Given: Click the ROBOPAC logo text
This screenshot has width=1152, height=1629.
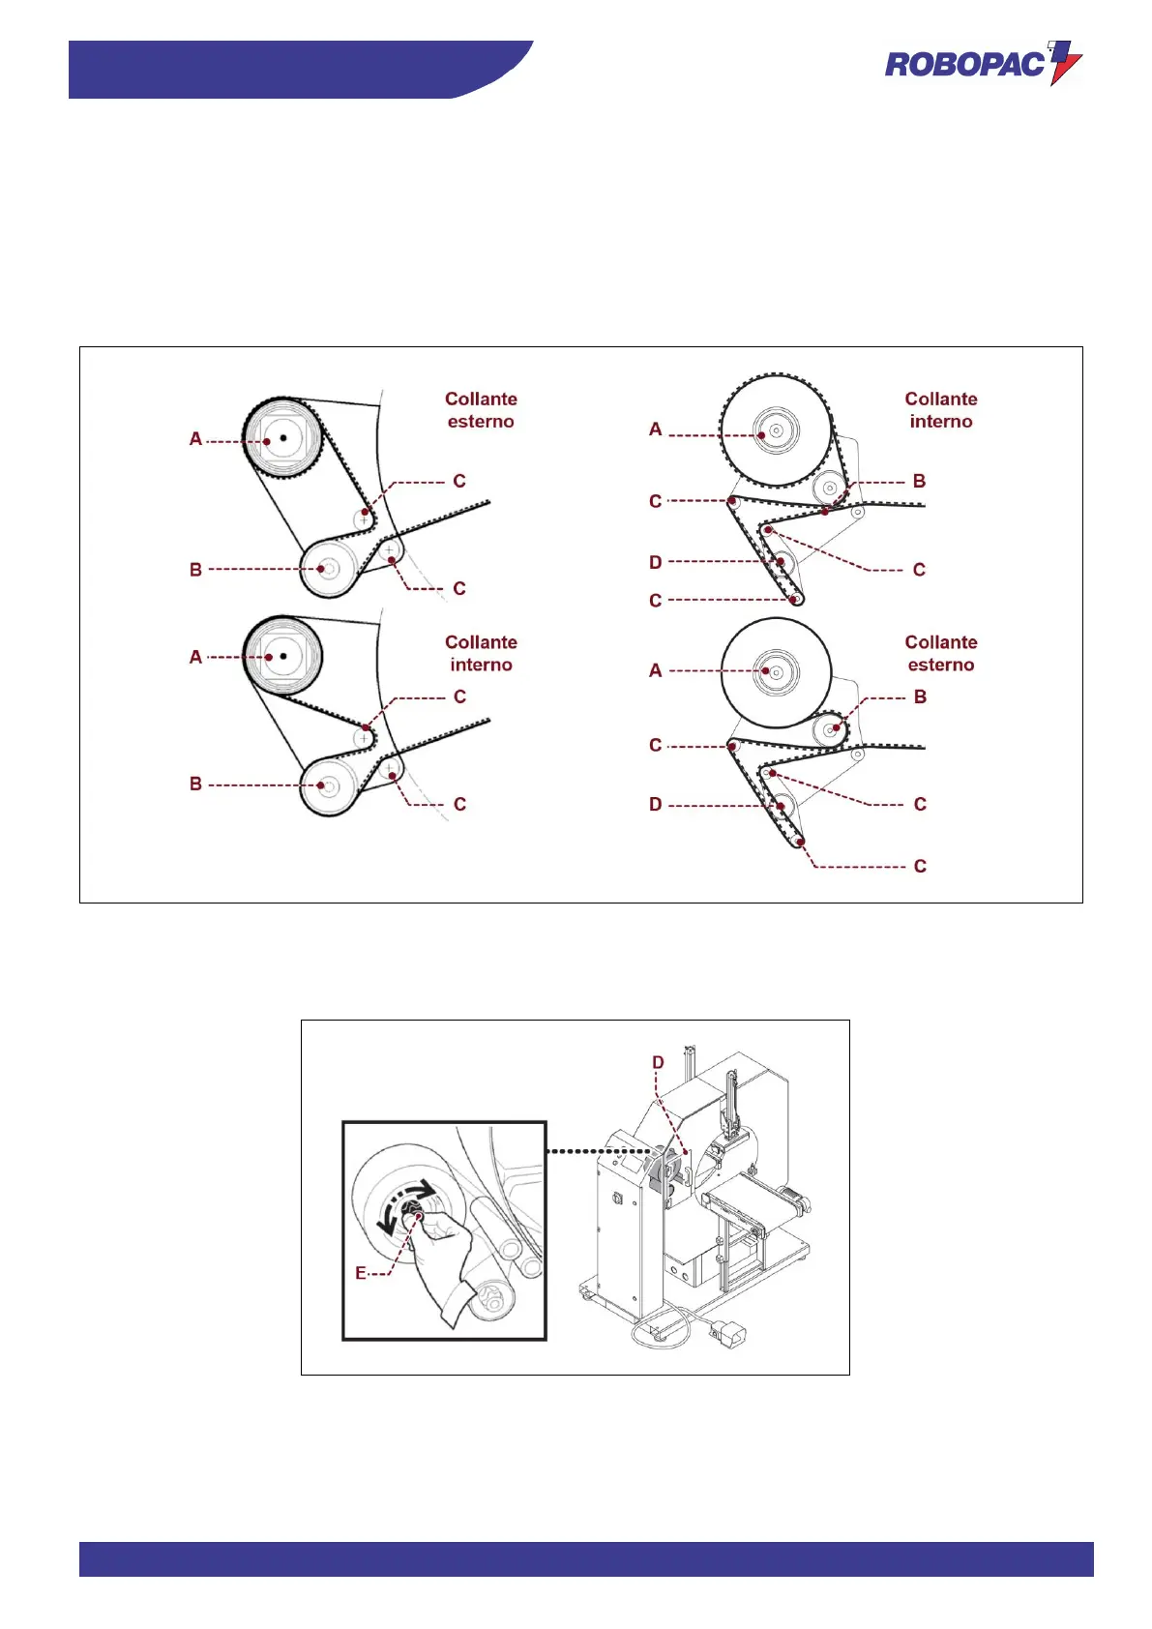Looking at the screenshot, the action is [964, 65].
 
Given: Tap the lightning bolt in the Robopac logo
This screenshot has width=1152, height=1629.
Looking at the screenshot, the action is [1065, 62].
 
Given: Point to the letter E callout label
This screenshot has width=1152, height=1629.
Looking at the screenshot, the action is [361, 1273].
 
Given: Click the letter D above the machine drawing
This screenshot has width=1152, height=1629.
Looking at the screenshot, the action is [658, 1062].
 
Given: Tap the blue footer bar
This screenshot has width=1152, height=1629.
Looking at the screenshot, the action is [586, 1558].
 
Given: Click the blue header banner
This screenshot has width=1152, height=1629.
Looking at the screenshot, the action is [290, 69].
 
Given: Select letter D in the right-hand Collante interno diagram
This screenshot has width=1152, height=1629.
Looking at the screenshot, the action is [656, 562].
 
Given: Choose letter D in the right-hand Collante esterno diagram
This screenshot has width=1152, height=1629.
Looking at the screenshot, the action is [656, 805].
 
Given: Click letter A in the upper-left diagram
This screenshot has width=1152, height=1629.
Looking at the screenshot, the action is [195, 439].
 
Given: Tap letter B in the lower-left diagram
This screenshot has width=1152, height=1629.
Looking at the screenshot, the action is [195, 784].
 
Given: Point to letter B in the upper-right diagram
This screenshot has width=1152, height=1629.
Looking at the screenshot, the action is [919, 481].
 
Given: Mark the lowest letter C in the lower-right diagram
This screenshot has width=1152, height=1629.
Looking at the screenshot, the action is [920, 867].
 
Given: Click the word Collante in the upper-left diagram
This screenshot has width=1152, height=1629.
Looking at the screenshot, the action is [481, 399].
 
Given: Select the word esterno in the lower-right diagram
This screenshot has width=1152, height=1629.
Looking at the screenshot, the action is [941, 665].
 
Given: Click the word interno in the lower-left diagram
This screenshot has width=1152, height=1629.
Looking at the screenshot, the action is [481, 665].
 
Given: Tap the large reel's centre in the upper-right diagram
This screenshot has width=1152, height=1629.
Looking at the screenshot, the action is [776, 429].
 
